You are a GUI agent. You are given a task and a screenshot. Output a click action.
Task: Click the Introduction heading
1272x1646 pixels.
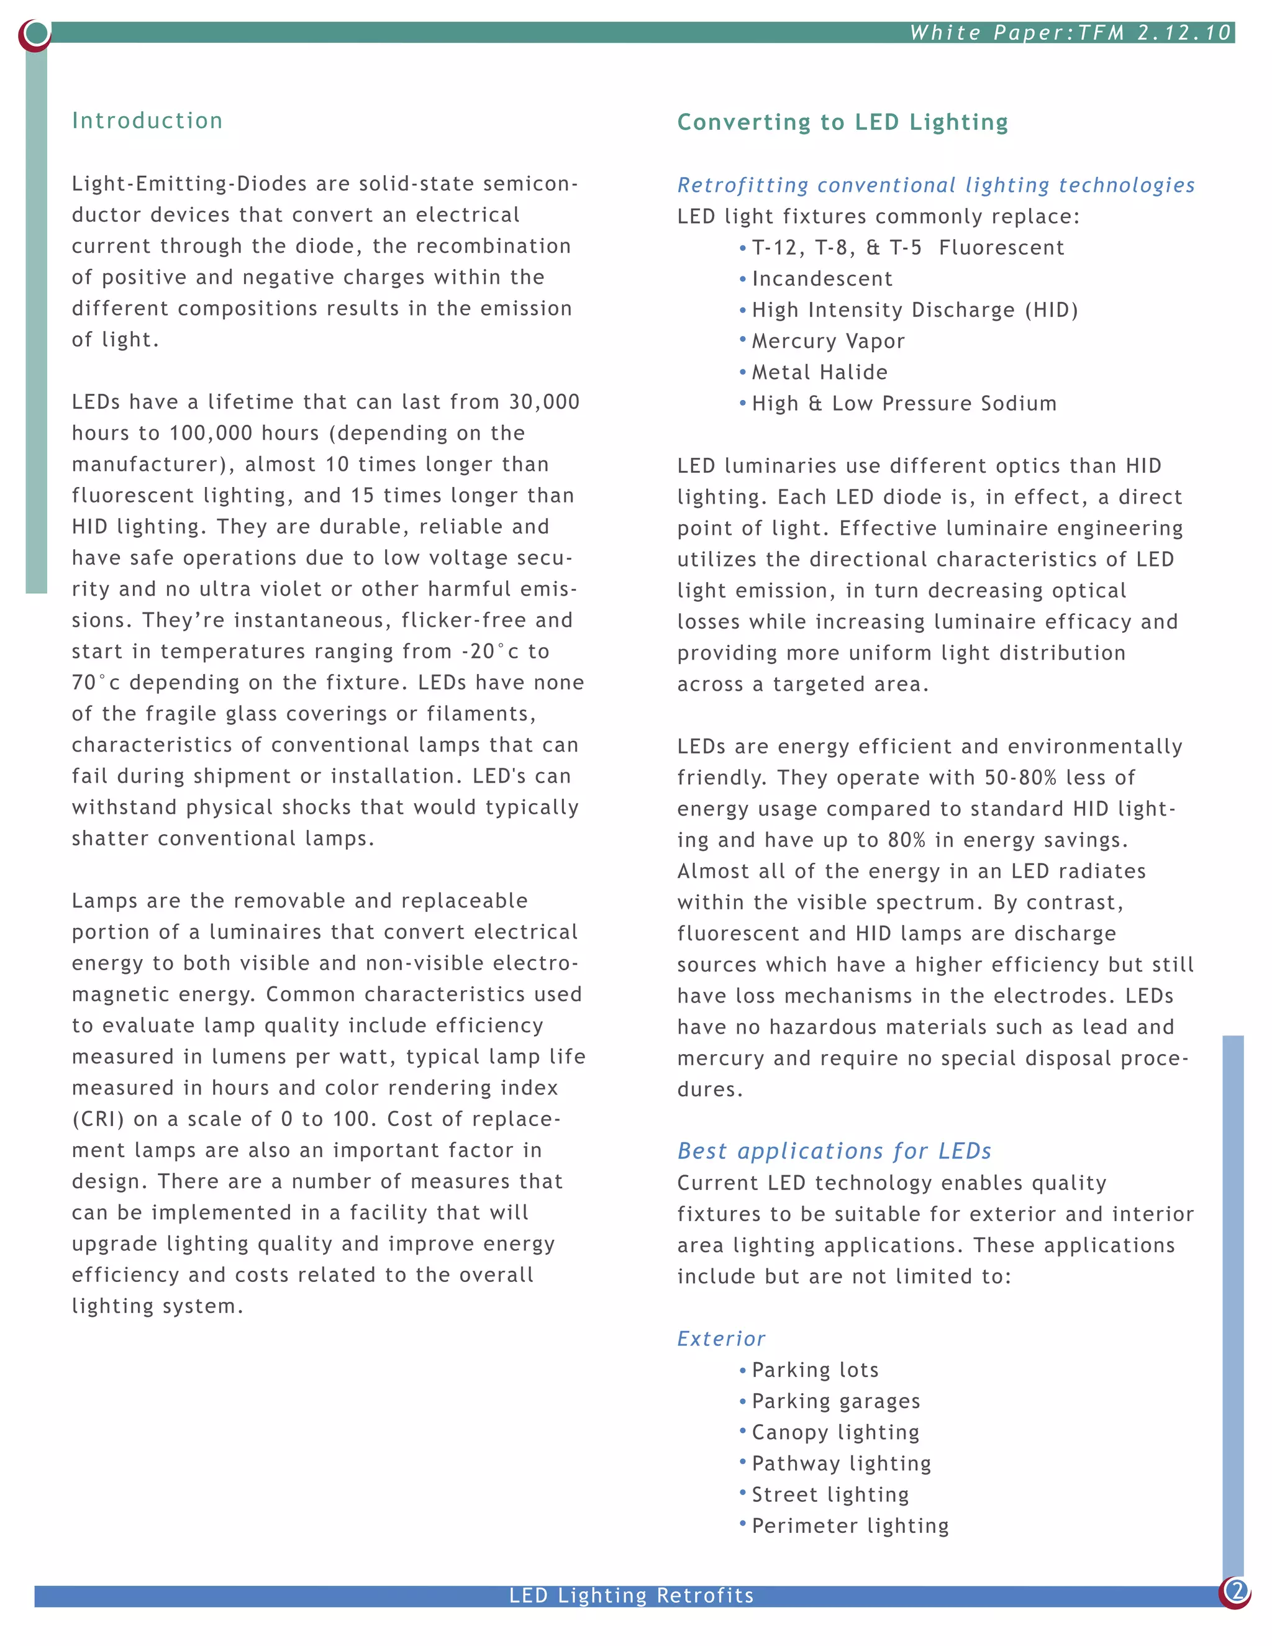[x=147, y=120]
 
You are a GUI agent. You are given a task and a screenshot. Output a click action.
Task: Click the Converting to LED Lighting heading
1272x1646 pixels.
[x=842, y=122]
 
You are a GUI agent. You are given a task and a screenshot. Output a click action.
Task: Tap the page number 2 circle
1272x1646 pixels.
[x=1236, y=1590]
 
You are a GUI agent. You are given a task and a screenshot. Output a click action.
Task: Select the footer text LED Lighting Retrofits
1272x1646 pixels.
[x=632, y=1596]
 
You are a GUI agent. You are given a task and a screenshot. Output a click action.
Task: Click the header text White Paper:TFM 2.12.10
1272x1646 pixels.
[x=1070, y=32]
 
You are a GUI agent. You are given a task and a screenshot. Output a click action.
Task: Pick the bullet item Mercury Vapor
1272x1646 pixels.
[x=827, y=342]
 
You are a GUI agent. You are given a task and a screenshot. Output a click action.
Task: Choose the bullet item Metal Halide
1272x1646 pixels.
[x=819, y=372]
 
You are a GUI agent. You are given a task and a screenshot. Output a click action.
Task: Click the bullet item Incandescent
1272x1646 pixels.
[x=821, y=279]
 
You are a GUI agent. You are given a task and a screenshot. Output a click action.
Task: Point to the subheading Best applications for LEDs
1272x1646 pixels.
[x=834, y=1151]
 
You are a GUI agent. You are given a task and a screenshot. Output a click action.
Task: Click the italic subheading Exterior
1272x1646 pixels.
[x=721, y=1339]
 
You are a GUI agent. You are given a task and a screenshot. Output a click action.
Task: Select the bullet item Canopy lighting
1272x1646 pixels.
[x=835, y=1432]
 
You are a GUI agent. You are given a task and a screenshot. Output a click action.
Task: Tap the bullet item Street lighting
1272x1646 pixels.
[x=830, y=1494]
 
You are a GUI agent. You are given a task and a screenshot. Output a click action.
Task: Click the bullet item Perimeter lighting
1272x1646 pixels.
[x=850, y=1526]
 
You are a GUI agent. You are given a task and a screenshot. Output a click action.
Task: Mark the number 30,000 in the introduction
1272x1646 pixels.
[x=544, y=402]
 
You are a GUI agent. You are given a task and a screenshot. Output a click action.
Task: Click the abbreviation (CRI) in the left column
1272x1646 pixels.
[x=98, y=1119]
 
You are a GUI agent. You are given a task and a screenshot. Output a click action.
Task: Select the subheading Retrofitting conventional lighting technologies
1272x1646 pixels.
[x=935, y=185]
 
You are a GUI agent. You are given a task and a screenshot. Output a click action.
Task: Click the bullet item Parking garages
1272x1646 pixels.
[x=836, y=1401]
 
